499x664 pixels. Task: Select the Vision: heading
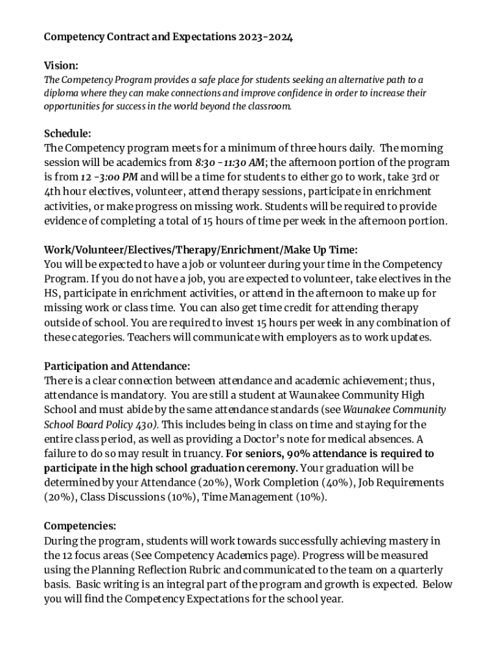click(x=61, y=65)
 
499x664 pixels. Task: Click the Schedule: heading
click(x=67, y=134)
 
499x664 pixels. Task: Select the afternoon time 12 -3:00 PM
click(x=109, y=177)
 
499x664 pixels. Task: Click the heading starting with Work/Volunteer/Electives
click(x=200, y=250)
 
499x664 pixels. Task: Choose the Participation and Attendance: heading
click(x=117, y=366)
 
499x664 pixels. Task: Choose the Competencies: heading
click(x=80, y=526)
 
